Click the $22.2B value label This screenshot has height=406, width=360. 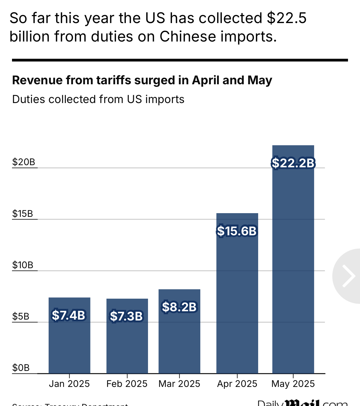point(293,163)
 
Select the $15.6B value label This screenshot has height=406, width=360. point(237,231)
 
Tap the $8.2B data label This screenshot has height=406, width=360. point(179,307)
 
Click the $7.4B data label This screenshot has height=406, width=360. point(69,315)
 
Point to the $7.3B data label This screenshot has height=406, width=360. point(126,316)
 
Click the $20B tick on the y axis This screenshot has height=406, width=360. point(24,162)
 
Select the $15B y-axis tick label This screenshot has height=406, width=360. point(22,214)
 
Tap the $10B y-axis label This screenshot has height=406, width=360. point(22,265)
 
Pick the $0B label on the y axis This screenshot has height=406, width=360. point(21,368)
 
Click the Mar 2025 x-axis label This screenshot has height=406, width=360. point(179,384)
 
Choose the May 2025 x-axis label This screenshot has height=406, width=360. point(293,384)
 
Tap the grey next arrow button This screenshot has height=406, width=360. point(348,276)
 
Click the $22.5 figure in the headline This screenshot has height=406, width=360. point(287,18)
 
